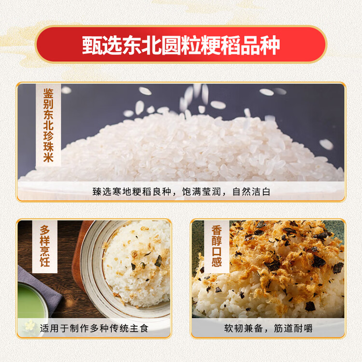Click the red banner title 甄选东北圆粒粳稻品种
[x=181, y=45]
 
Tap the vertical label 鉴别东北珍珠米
[x=49, y=125]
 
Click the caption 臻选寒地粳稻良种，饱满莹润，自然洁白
[x=181, y=192]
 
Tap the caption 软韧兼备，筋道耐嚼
[x=268, y=329]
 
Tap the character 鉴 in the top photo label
[x=49, y=93]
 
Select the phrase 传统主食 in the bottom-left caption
[x=127, y=329]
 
